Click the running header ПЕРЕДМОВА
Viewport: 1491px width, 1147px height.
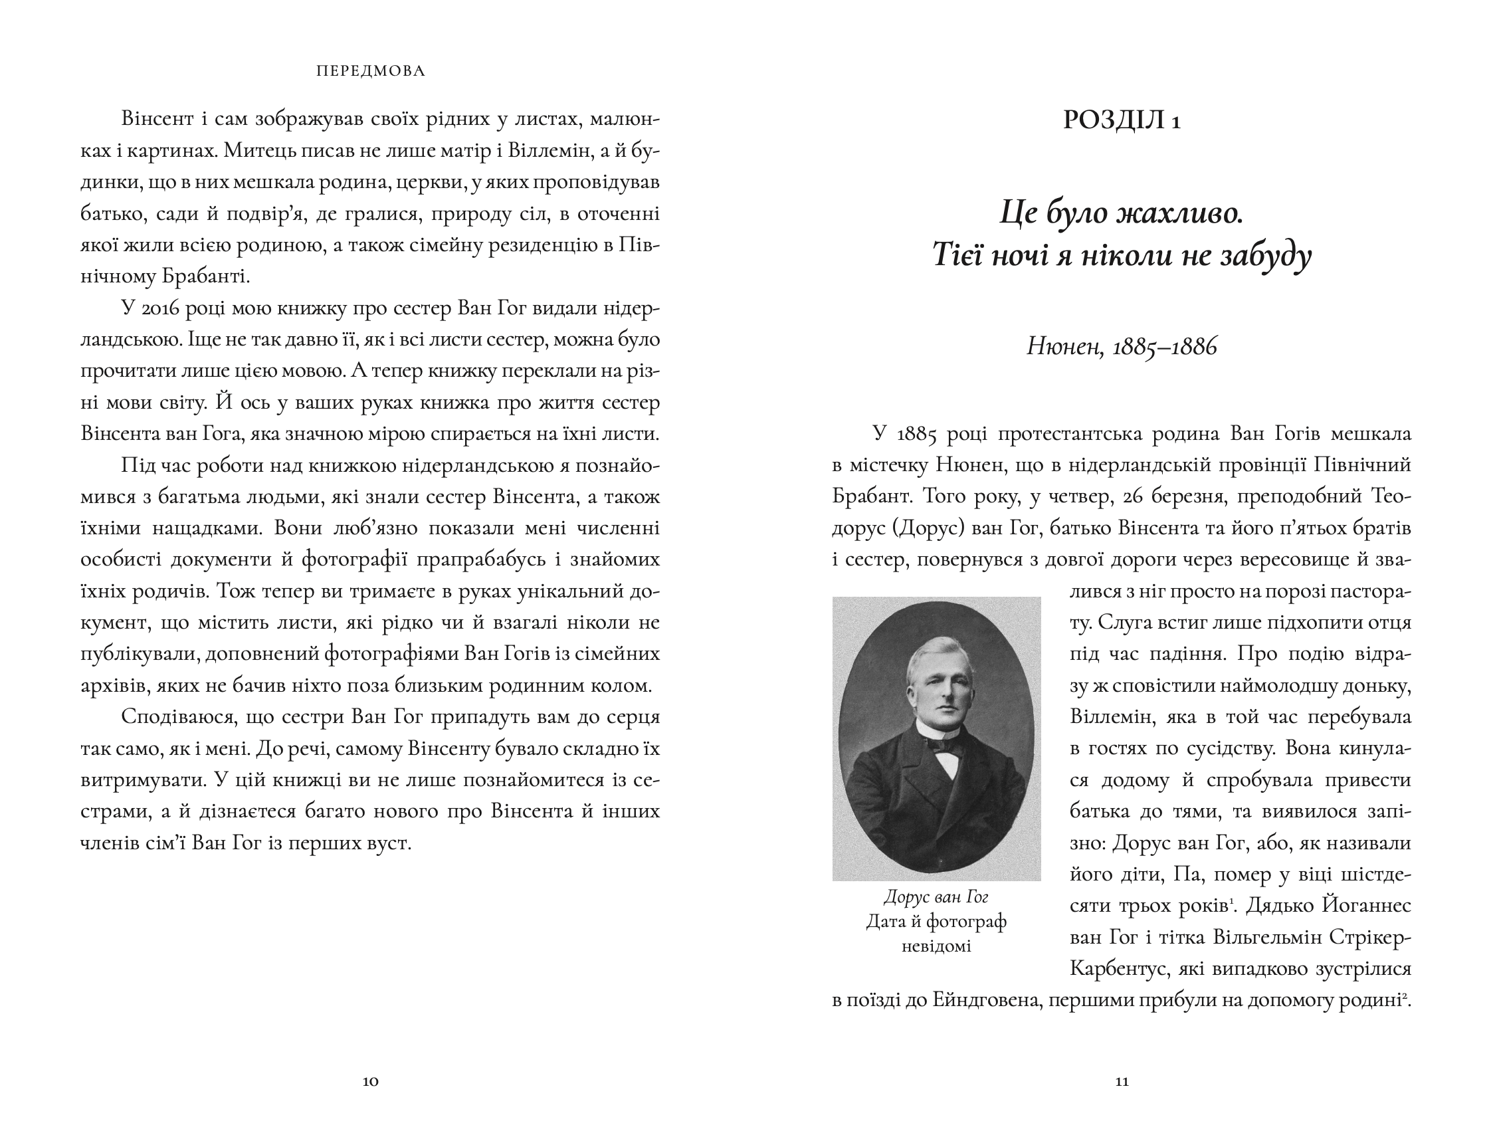pyautogui.click(x=371, y=71)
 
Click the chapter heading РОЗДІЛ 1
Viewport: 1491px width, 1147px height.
pyautogui.click(x=1122, y=120)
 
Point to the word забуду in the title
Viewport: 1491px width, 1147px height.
pyautogui.click(x=1266, y=256)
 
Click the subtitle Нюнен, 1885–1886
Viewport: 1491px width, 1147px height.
pyautogui.click(x=1122, y=348)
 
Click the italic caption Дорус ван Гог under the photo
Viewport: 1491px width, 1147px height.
pyautogui.click(x=936, y=896)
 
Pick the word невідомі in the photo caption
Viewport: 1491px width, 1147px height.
pyautogui.click(x=936, y=946)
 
